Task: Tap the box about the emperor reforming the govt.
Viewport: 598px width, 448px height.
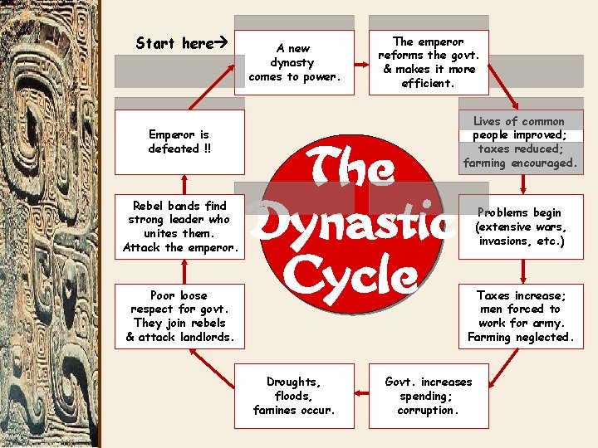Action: click(428, 62)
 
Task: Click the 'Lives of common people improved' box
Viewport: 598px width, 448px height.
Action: click(520, 142)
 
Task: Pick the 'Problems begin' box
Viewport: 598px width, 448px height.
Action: click(520, 226)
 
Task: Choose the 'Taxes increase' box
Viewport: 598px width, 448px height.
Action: click(520, 316)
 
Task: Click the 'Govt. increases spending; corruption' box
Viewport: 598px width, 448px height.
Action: click(428, 396)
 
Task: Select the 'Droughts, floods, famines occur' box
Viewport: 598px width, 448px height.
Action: click(293, 396)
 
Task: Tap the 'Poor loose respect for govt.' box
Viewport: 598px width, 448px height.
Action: click(179, 316)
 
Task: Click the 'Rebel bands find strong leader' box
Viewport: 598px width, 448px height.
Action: click(179, 226)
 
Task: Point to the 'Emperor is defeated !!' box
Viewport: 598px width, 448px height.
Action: click(179, 142)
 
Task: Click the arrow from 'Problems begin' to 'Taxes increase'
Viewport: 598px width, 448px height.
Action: click(520, 271)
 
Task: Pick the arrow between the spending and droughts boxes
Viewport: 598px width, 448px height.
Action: click(360, 396)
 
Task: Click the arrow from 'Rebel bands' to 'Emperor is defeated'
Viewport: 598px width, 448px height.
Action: click(179, 184)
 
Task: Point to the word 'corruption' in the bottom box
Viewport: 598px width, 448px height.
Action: click(428, 410)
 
